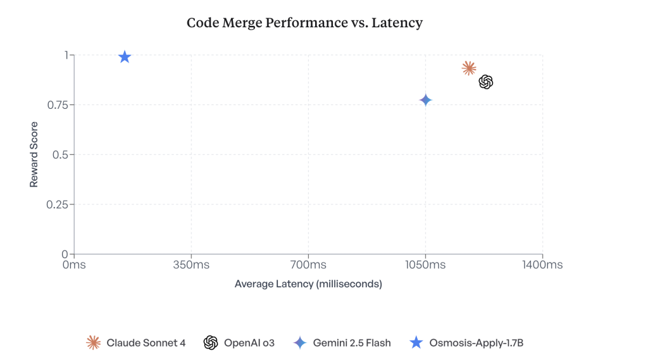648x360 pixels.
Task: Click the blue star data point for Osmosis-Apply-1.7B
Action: point(125,57)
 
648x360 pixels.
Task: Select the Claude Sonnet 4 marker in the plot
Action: point(469,68)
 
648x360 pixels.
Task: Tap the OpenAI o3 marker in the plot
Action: point(486,82)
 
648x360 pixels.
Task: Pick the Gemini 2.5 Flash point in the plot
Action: point(425,100)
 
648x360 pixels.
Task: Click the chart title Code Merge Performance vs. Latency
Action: point(304,23)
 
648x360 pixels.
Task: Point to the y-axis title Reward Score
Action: point(34,154)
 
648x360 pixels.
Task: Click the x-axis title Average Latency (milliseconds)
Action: point(308,284)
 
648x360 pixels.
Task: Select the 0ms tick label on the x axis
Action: point(74,265)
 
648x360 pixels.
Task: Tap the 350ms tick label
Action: point(190,265)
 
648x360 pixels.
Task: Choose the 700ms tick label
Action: point(308,265)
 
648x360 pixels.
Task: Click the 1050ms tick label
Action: point(425,265)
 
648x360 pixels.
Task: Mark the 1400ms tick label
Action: point(542,265)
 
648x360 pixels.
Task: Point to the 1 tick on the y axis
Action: point(65,55)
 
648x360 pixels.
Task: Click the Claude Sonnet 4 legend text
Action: point(146,343)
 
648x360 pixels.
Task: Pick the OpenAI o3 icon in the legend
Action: point(211,343)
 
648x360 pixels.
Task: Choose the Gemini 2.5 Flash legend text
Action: point(352,343)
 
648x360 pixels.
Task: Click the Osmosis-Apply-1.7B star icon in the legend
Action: point(416,343)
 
